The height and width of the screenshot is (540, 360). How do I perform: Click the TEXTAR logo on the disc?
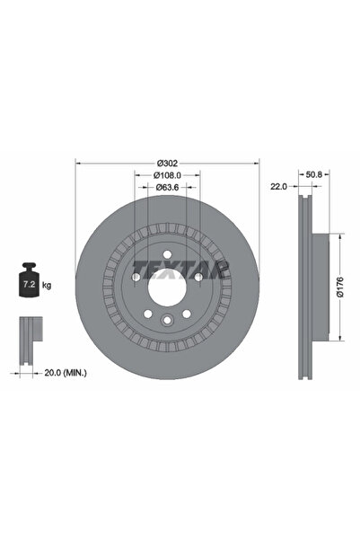pos(182,267)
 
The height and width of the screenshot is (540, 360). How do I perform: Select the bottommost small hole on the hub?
pos(167,323)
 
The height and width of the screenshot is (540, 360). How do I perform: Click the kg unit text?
pos(47,285)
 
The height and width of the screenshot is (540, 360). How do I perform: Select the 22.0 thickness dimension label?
pos(278,187)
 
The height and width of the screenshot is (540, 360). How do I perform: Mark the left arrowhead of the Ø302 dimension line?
pos(77,164)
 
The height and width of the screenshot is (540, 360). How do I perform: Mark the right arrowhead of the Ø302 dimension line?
pos(257,164)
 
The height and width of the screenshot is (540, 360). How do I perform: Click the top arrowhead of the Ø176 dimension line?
pos(339,237)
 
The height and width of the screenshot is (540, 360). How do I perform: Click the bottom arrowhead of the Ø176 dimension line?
pos(339,340)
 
